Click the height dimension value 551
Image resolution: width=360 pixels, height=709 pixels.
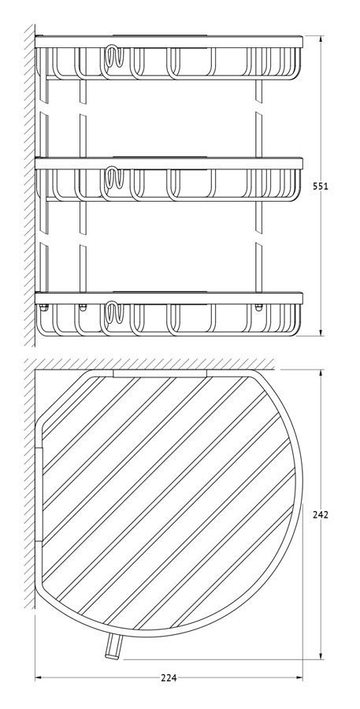coord(320,186)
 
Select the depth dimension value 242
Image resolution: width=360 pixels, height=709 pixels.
coord(320,514)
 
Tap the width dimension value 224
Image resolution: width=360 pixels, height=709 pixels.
coord(169,677)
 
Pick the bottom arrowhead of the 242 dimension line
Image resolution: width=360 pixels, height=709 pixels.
coord(321,655)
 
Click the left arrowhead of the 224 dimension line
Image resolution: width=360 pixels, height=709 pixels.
coord(39,677)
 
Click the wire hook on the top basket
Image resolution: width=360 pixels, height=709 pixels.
coord(113,57)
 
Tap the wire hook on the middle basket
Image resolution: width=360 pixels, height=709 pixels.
coord(113,179)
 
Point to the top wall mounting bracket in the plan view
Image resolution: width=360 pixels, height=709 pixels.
coord(160,373)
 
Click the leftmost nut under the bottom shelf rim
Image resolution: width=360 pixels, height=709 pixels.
coord(44,307)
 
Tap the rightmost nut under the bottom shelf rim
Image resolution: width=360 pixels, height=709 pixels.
coord(258,307)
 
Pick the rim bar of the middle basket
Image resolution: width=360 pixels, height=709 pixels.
coord(169,163)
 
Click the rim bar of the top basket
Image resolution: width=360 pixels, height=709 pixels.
coord(169,42)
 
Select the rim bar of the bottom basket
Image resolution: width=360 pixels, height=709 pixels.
coord(169,298)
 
